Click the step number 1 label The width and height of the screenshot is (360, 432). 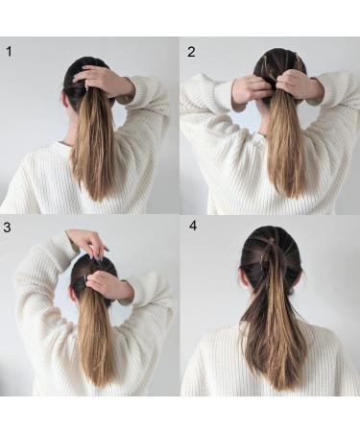(x=10, y=51)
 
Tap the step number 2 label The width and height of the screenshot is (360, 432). (x=191, y=51)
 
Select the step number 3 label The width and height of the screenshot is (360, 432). (x=10, y=228)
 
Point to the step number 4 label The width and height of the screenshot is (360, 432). (x=192, y=228)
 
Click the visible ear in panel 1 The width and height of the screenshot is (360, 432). (x=69, y=99)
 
